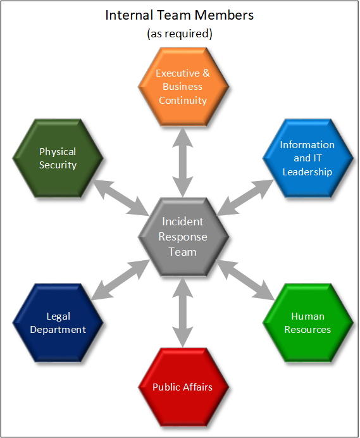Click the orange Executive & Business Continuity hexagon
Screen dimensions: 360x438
(183, 87)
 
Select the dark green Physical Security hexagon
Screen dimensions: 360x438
(58, 158)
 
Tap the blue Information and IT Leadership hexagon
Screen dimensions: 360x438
(307, 158)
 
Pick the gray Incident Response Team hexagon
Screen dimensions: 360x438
(183, 237)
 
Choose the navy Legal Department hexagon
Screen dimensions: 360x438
(58, 323)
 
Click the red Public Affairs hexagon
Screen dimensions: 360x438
(183, 387)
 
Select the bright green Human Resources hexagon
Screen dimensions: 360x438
(307, 323)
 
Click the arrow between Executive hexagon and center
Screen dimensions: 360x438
(183, 162)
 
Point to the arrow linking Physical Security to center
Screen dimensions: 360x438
(121, 197)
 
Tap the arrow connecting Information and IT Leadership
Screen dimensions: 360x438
(245, 197)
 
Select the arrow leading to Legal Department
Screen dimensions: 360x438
(121, 280)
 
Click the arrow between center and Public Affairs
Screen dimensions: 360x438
(183, 312)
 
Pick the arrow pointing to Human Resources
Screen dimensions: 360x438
(245, 280)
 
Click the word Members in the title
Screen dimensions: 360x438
(224, 15)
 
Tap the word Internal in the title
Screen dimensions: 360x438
(129, 15)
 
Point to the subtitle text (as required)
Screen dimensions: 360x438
(180, 34)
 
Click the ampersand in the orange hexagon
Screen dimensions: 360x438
(206, 73)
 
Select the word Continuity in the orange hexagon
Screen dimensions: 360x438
(183, 101)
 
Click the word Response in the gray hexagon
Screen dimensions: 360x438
(183, 237)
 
